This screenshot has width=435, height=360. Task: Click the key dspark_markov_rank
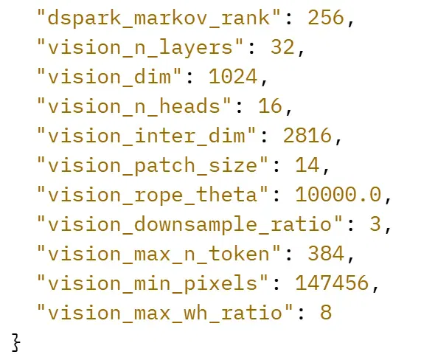[x=159, y=18]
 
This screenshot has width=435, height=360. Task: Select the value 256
[x=326, y=18]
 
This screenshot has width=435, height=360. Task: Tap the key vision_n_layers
[x=140, y=47]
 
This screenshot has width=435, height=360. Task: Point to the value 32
[x=282, y=47]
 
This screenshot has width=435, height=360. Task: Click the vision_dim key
[x=109, y=77]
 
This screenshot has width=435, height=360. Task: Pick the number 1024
[x=233, y=77]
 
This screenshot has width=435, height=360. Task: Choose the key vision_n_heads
[x=134, y=106]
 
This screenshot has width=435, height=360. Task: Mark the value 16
[x=270, y=106]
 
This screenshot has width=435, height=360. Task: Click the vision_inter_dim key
[x=146, y=136]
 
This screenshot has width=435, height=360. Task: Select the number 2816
[x=307, y=136]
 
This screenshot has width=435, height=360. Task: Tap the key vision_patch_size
[x=153, y=165]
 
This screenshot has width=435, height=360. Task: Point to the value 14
[x=307, y=165]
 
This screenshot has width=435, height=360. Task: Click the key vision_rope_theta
[x=153, y=195]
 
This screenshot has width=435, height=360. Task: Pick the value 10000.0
[x=338, y=195]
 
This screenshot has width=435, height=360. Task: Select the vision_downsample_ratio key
[x=189, y=224]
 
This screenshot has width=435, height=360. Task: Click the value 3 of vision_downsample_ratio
[x=375, y=224]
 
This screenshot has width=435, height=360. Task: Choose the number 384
[x=326, y=254]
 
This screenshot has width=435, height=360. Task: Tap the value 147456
[x=332, y=283]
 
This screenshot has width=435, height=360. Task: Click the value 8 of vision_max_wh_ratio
[x=326, y=312]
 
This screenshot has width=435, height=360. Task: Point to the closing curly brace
[x=16, y=343]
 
